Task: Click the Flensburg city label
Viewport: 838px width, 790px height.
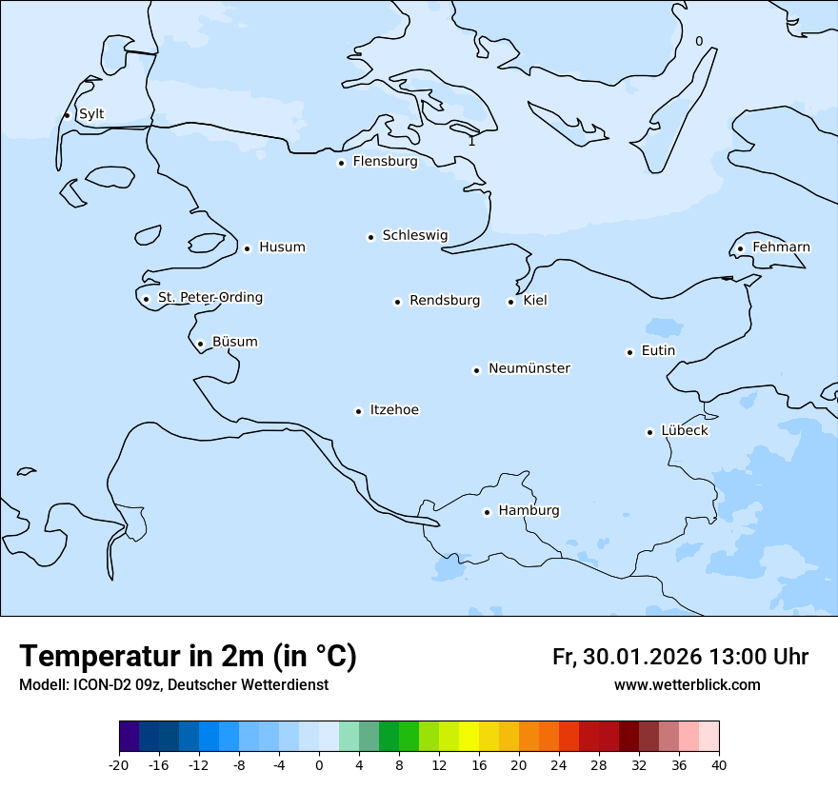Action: [385, 162]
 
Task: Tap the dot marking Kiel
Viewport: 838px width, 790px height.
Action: [510, 302]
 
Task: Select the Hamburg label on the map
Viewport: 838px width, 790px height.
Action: [529, 511]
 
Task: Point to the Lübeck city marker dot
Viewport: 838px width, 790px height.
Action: [649, 432]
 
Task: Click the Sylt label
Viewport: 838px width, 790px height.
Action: [91, 114]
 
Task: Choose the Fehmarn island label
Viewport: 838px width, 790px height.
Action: [781, 247]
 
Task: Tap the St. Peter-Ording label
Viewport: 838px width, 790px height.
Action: [209, 298]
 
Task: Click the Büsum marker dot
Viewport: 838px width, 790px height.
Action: [200, 345]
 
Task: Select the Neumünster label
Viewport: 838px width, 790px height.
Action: [529, 368]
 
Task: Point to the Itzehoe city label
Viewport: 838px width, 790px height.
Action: [394, 410]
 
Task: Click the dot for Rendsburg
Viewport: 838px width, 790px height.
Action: [397, 302]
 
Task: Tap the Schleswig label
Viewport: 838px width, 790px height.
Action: [414, 235]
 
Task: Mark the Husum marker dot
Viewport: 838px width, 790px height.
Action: [247, 248]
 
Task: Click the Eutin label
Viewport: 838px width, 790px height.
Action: [658, 351]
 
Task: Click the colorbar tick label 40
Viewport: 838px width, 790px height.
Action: [719, 765]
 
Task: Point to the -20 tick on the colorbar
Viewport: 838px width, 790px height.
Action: [119, 765]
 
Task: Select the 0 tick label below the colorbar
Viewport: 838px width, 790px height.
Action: [319, 765]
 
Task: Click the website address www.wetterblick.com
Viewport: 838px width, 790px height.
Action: [687, 685]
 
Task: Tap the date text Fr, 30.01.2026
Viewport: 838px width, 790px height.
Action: [627, 657]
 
